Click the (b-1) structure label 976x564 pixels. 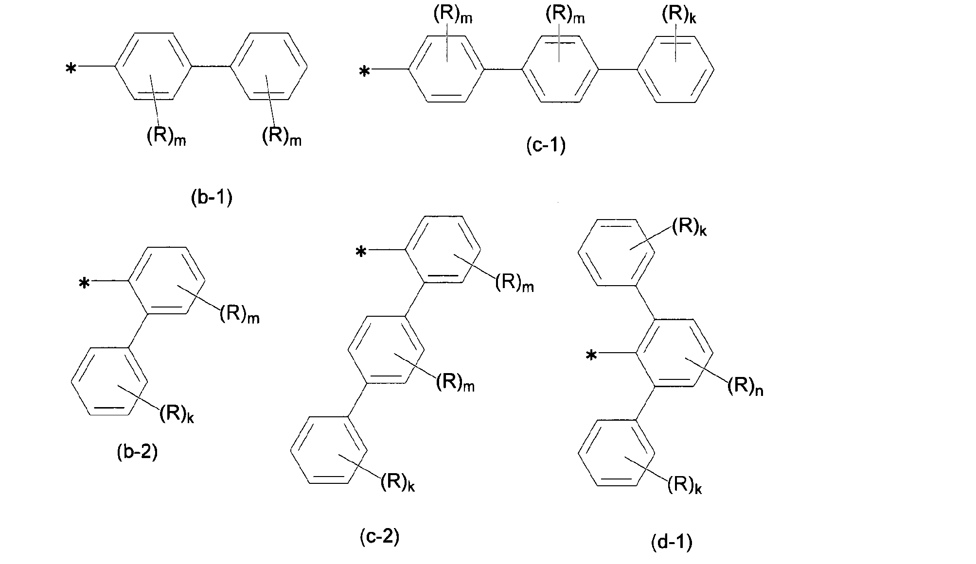pyautogui.click(x=211, y=199)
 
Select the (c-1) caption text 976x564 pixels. pyautogui.click(x=546, y=146)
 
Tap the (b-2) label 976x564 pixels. pyautogui.click(x=138, y=452)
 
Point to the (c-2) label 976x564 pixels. pyautogui.click(x=379, y=536)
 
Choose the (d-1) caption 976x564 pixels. pyautogui.click(x=672, y=542)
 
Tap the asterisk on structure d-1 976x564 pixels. pyautogui.click(x=591, y=357)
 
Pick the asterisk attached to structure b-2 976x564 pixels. pyautogui.click(x=84, y=283)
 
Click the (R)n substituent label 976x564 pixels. pyautogui.click(x=745, y=387)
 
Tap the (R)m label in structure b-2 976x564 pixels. pyautogui.click(x=239, y=314)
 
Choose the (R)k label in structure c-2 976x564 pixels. pyautogui.click(x=397, y=482)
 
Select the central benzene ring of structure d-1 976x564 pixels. pyautogui.click(x=675, y=353)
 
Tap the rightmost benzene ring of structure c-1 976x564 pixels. pyautogui.click(x=675, y=69)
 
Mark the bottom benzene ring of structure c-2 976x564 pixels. pyautogui.click(x=329, y=450)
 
